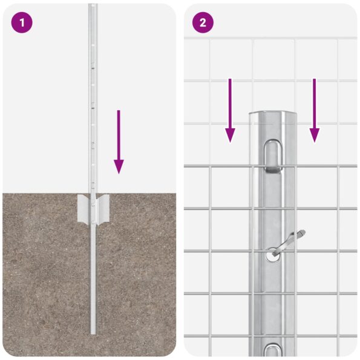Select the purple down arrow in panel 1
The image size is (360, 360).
click(119, 142)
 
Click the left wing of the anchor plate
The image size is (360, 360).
click(83, 208)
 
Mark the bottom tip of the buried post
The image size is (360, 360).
click(93, 332)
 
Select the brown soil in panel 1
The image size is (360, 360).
click(42, 272)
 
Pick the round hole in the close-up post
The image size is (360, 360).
click(273, 256)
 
